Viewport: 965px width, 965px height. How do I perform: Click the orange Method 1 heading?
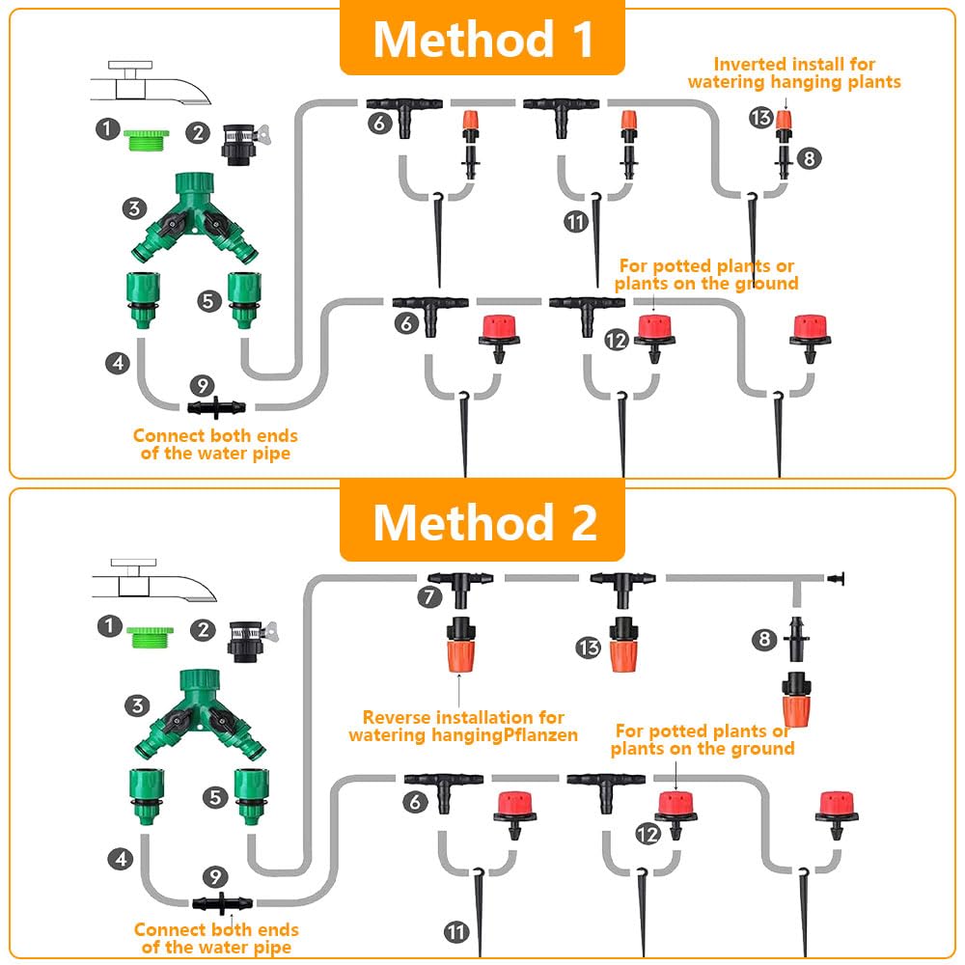coord(482,40)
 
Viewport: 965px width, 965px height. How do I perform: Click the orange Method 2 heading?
coord(482,522)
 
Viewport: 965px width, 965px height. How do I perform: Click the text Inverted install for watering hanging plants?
coord(793,73)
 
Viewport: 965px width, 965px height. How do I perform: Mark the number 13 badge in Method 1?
coord(760,119)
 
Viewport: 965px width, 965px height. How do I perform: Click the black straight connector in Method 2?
coord(226,904)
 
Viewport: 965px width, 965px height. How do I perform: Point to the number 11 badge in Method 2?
coord(456,931)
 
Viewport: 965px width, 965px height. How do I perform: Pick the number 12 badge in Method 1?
coord(617,339)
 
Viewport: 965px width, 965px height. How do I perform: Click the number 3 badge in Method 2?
coord(138,705)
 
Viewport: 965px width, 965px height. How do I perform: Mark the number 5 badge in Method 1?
coord(209,301)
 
